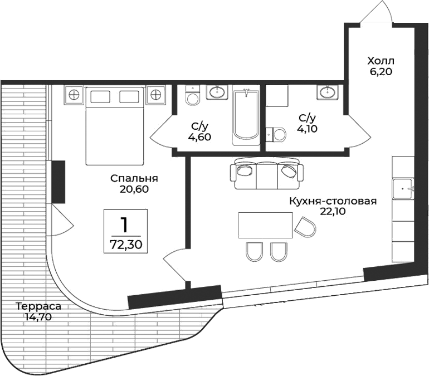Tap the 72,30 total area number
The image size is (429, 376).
coord(125,243)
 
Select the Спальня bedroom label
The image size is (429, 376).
coord(134,179)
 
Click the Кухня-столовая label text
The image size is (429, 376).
coord(333,201)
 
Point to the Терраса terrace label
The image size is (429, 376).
coord(38,306)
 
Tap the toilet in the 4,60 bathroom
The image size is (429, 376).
coord(193,97)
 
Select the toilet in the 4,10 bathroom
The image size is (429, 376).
coord(276,134)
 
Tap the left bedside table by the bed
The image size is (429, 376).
coord(74,95)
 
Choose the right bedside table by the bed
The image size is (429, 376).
coord(157,95)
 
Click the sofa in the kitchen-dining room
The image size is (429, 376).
coord(266,173)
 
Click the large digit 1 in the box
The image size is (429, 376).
coord(125,224)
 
